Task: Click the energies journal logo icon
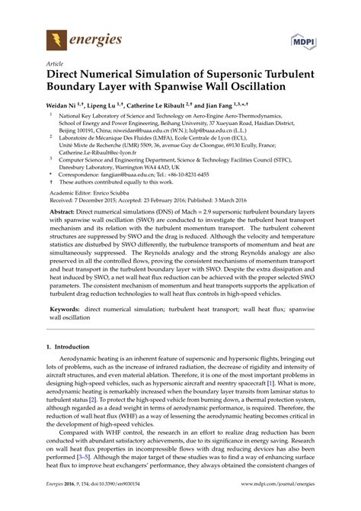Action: coord(55,38)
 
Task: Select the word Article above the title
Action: coord(55,65)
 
